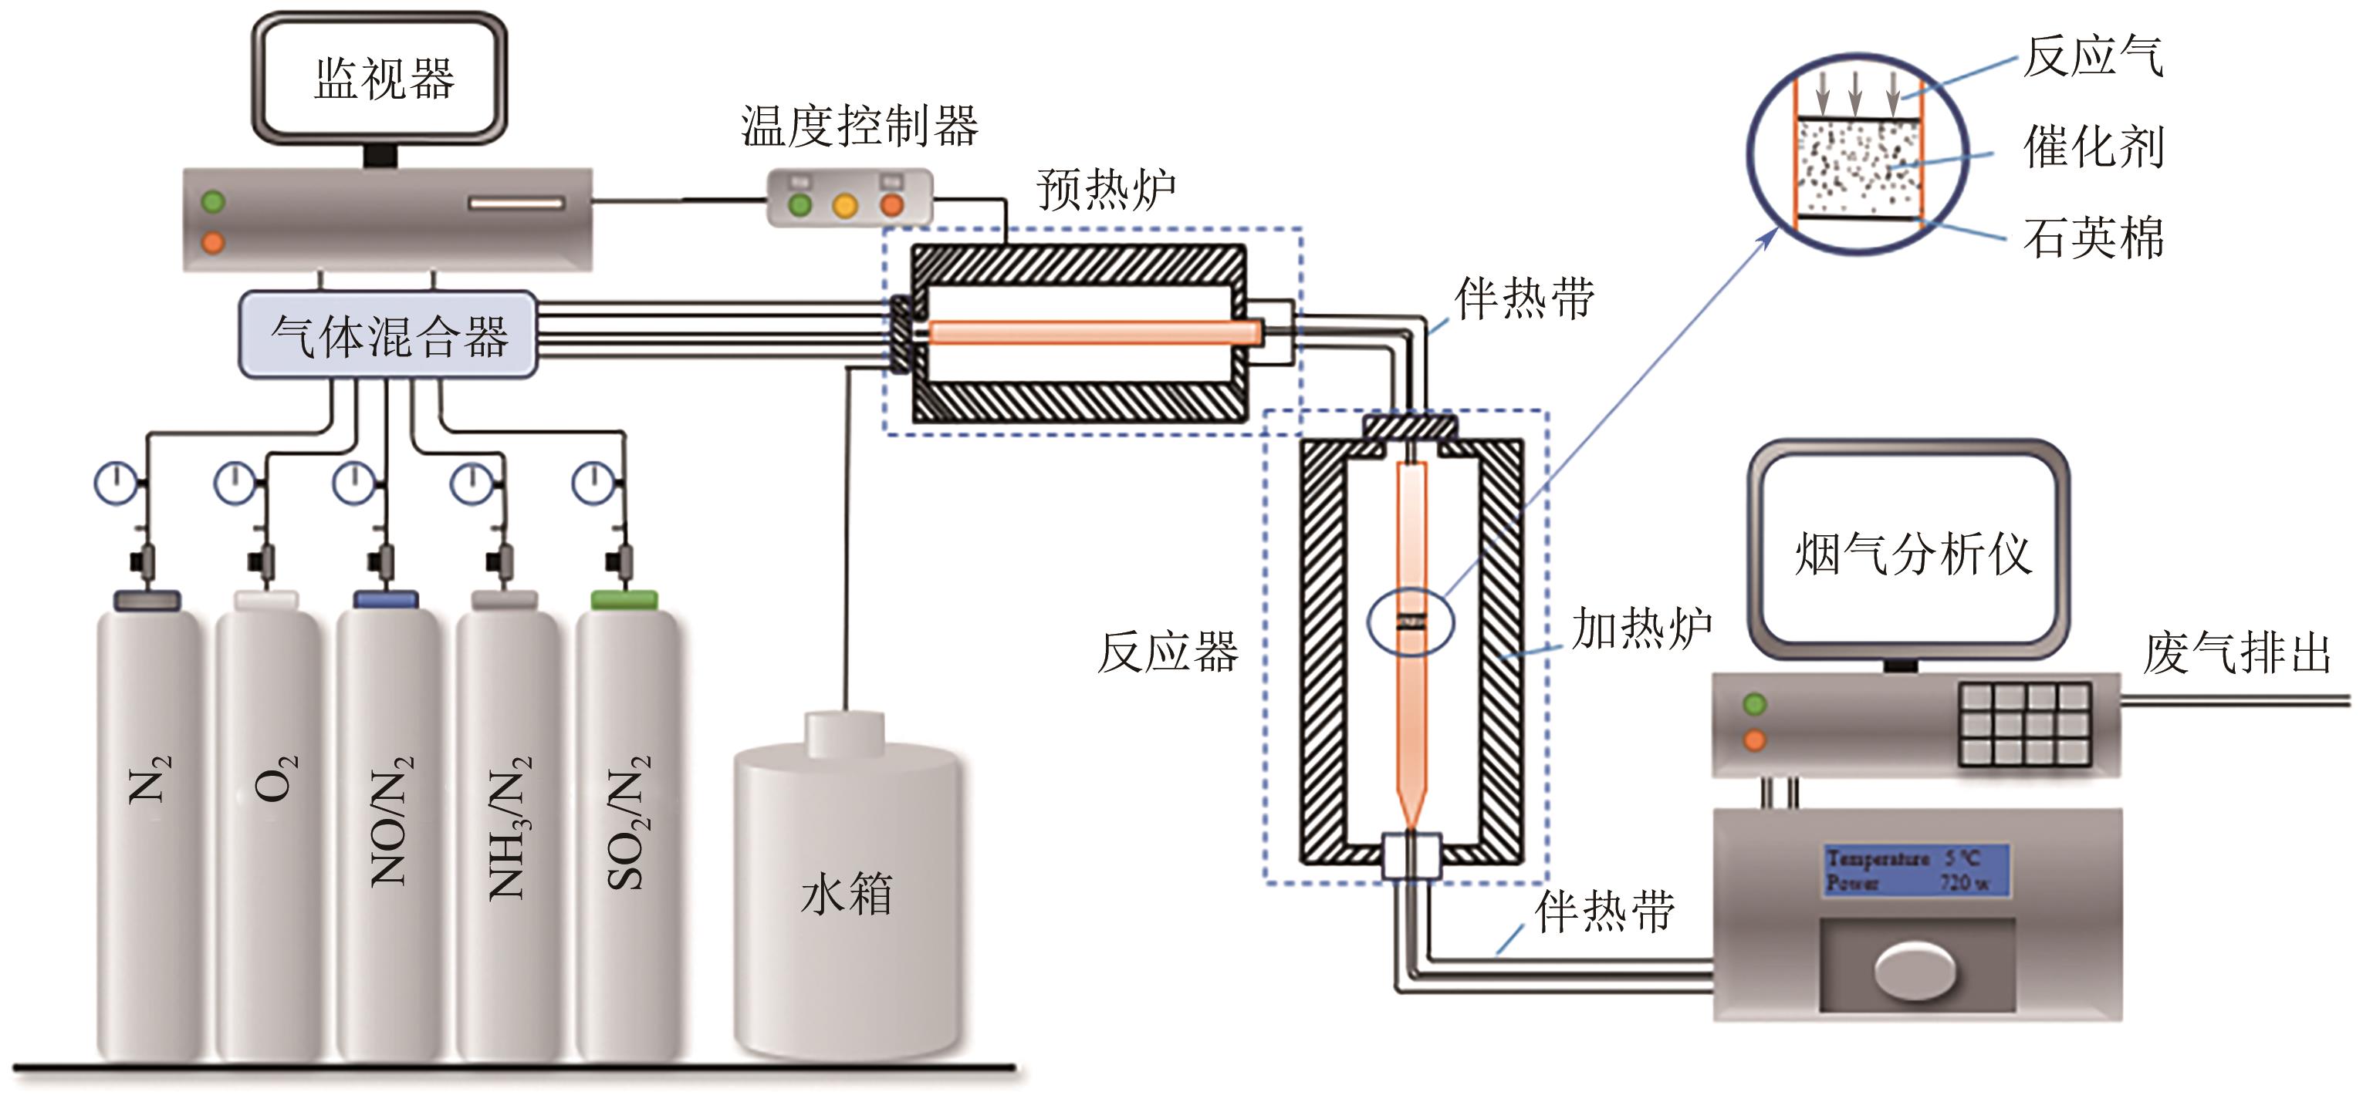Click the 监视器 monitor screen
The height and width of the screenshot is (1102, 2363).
coord(380,78)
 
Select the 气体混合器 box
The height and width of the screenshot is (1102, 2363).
coord(388,335)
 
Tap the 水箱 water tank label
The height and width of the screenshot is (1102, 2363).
coord(846,894)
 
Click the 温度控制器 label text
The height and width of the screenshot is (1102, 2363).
coord(860,126)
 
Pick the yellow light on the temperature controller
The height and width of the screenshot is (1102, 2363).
coord(845,205)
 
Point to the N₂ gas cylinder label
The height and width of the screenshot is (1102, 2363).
coord(149,780)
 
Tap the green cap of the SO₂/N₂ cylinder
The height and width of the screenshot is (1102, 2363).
coord(624,601)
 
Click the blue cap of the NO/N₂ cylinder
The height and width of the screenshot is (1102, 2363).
coord(386,600)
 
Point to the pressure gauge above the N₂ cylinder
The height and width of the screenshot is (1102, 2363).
coord(117,482)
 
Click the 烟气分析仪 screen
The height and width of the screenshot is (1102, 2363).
coord(1912,554)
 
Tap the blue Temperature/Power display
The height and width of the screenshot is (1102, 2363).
coord(1915,870)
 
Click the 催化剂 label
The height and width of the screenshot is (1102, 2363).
coord(2094,147)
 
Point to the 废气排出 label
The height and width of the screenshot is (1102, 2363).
coord(2236,655)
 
